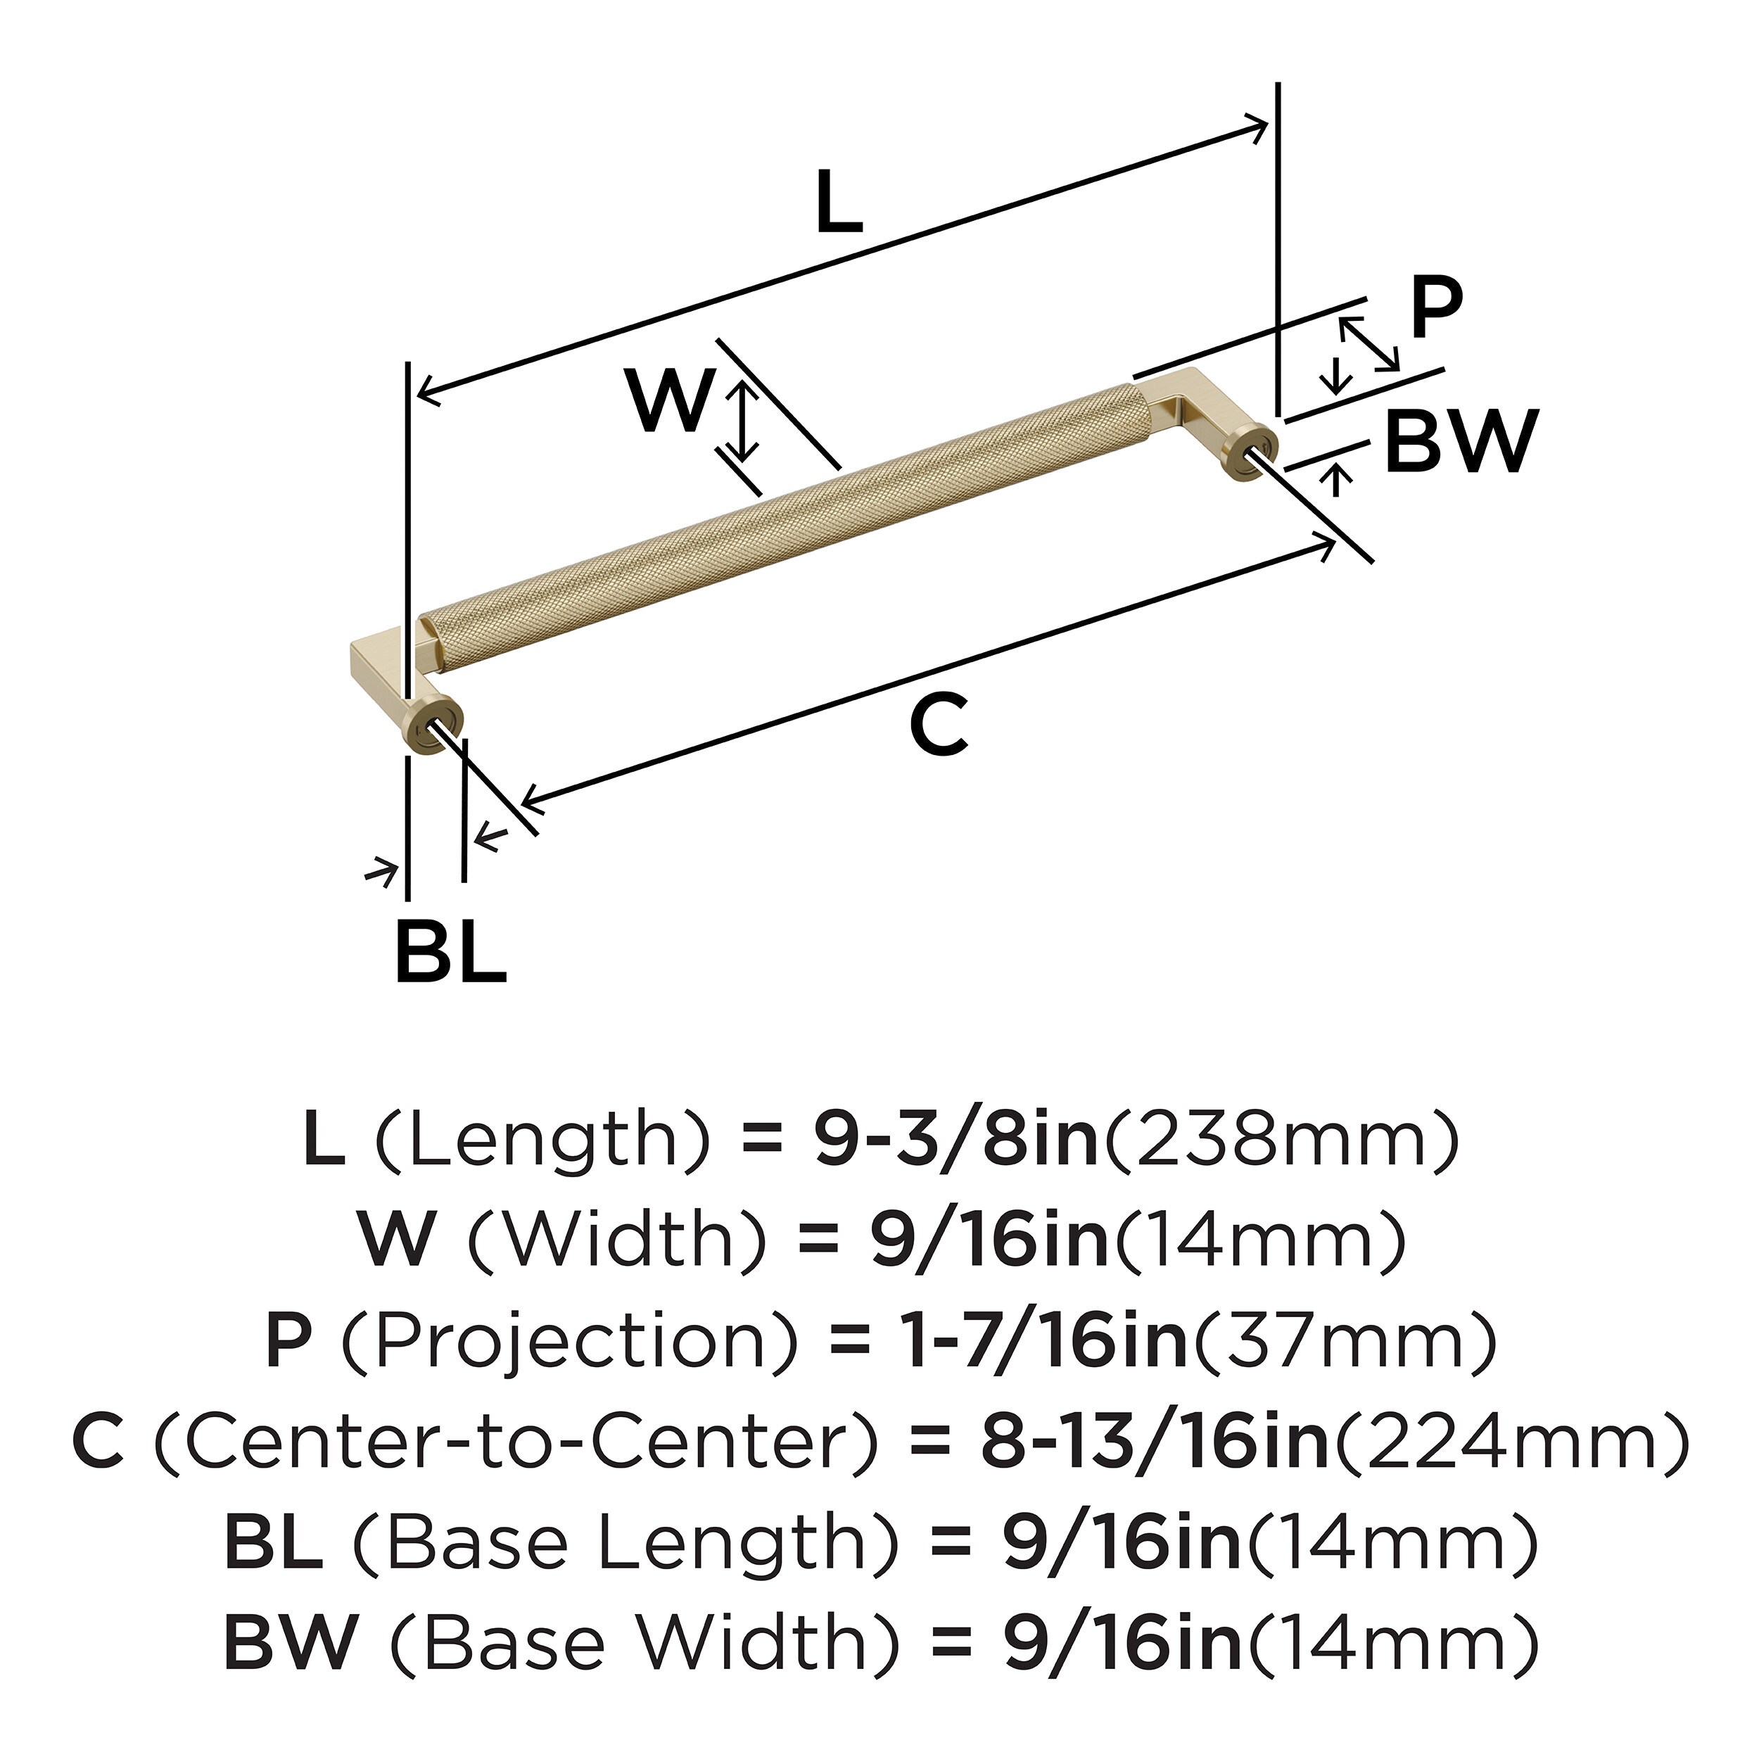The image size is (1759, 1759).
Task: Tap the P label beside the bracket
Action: pyautogui.click(x=1436, y=307)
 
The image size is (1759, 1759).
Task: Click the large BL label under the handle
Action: pyautogui.click(x=450, y=953)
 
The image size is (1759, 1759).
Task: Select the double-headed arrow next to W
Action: pyautogui.click(x=744, y=421)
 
